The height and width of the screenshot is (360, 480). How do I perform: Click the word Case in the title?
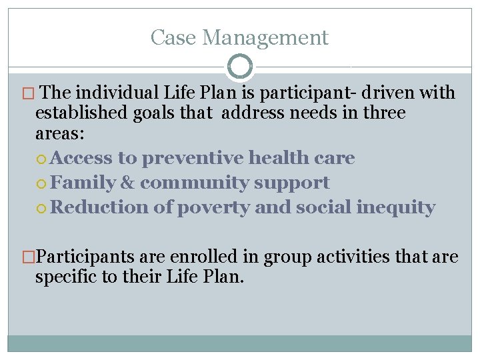[x=171, y=37]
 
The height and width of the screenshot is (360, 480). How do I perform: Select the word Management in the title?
[x=265, y=37]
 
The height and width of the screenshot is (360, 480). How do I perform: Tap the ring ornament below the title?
[x=240, y=67]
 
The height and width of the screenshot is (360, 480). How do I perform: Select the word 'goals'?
[x=160, y=113]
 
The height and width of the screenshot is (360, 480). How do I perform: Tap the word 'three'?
[x=384, y=113]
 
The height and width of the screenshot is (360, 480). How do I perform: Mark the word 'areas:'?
[x=60, y=133]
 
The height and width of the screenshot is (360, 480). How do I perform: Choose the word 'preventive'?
[x=193, y=158]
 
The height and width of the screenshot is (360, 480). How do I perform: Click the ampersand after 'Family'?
[x=128, y=183]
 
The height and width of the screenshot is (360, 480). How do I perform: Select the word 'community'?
[x=193, y=183]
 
